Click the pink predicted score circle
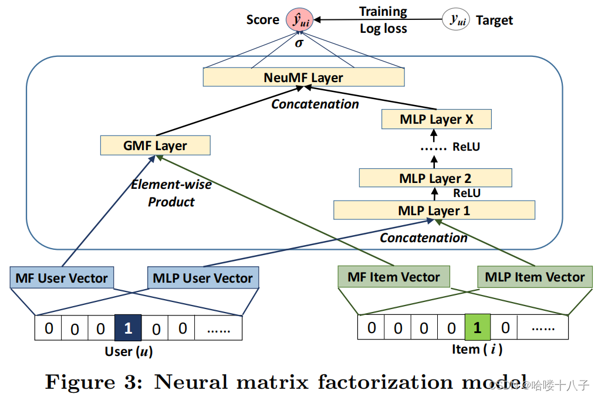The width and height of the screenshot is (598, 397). coord(299,20)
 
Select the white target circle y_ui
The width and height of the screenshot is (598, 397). coord(456,19)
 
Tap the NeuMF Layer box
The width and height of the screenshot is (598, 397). coord(303,77)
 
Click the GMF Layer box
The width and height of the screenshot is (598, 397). coord(155,145)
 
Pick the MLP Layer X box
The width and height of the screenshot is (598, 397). coord(436,119)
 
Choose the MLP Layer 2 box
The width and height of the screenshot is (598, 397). coord(435,178)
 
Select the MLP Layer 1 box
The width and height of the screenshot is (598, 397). coord(434,211)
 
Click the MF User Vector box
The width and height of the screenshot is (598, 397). coord(62,278)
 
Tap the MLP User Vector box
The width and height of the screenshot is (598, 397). coord(203,278)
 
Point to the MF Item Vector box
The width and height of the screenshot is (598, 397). coord(394,277)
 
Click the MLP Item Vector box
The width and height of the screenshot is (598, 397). coord(535,277)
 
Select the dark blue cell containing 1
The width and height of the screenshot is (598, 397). coord(128,328)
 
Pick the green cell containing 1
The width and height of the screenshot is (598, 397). coord(478,327)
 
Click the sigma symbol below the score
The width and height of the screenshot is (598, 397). coord(299,43)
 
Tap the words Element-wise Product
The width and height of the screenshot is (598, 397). coord(171,193)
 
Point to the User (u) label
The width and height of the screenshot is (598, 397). coord(129,351)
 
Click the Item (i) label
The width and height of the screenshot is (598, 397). coord(477,350)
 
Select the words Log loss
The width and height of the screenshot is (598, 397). coord(383,29)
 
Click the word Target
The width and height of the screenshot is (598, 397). coord(494,20)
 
